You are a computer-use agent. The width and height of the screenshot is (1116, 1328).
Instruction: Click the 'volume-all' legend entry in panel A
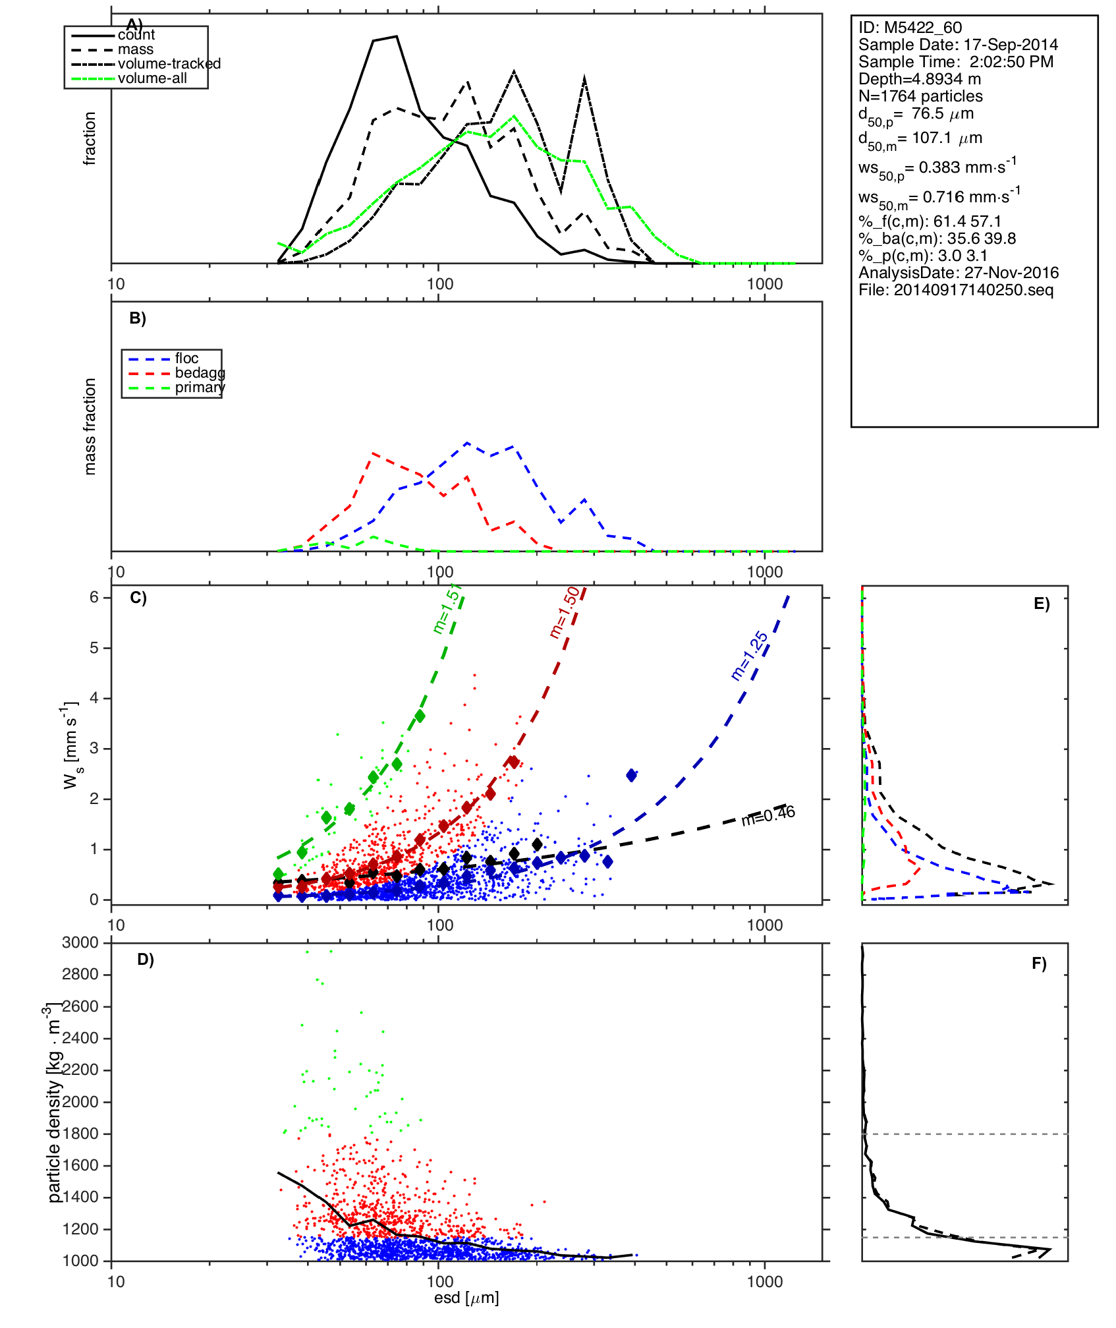point(152,78)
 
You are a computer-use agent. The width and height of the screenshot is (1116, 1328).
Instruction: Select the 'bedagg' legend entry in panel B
point(200,373)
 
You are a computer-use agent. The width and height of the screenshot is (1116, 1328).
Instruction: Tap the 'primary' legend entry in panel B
point(200,388)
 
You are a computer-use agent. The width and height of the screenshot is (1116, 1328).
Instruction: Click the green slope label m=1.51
point(447,610)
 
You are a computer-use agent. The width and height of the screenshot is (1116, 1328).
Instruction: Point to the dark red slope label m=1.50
point(565,613)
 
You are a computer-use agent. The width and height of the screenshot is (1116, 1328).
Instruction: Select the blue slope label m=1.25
point(750,656)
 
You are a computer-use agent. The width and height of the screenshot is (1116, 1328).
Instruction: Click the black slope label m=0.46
point(768,816)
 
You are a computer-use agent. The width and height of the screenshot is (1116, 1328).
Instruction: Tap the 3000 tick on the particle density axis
point(80,942)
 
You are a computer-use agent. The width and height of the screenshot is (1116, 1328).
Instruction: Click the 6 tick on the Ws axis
point(94,597)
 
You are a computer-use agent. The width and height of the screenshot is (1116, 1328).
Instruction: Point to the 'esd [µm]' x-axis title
point(466,1298)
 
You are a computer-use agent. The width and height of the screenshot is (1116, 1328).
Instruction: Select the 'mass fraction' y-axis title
point(90,426)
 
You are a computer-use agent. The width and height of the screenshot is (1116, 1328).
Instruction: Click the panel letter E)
point(1042,604)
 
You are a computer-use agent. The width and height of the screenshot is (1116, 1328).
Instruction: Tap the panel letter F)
point(1039,964)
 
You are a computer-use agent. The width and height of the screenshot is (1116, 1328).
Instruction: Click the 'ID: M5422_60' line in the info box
point(910,28)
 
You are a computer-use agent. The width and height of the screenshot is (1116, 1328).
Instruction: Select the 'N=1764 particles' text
point(920,96)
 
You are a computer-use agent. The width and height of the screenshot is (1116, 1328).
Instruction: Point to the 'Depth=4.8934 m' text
point(920,79)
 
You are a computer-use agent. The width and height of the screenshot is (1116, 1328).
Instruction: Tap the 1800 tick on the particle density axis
point(80,1134)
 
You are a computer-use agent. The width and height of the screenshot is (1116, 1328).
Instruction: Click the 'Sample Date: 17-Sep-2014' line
point(958,45)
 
